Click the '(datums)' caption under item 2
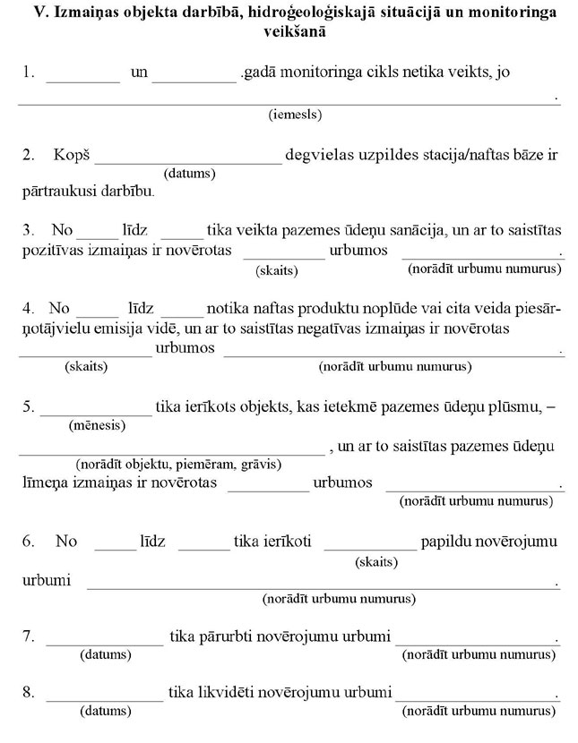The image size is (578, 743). click(x=189, y=173)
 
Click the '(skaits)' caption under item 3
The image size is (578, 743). click(x=277, y=269)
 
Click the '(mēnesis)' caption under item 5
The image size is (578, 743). click(x=97, y=424)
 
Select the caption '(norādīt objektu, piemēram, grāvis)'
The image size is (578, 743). click(x=178, y=464)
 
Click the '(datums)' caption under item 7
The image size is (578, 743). click(x=105, y=654)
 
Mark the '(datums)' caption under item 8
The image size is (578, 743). click(x=105, y=711)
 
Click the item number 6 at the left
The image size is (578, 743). click(x=28, y=541)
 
